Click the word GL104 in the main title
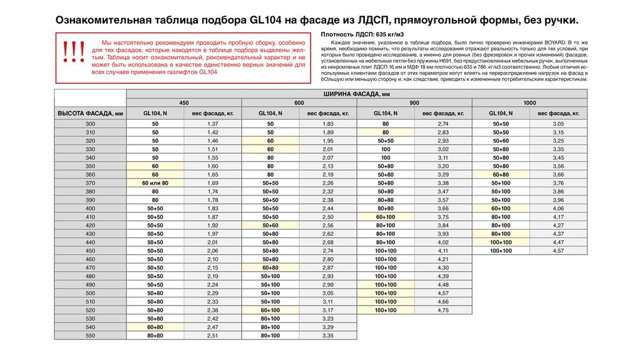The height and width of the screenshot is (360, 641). [x=266, y=19]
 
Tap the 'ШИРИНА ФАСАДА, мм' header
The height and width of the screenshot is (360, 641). [x=356, y=93]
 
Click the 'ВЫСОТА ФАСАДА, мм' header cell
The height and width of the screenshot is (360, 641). [x=90, y=113]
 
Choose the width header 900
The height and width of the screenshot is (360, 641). [x=414, y=103]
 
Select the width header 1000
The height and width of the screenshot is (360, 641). [x=530, y=103]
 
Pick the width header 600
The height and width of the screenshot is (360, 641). [x=299, y=103]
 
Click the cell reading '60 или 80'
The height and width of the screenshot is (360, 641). [x=155, y=183]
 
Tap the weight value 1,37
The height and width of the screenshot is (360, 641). [x=212, y=124]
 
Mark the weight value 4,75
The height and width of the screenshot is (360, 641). [x=443, y=310]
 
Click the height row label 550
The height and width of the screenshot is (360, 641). [x=90, y=336]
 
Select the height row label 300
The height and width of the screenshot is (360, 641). [x=90, y=124]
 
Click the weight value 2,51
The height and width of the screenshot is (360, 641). [x=212, y=336]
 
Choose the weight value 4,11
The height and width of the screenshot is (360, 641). [x=443, y=250]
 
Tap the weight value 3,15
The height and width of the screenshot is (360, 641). [x=558, y=133]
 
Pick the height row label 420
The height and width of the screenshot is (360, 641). [x=90, y=225]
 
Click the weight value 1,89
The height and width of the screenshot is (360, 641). [x=327, y=133]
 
